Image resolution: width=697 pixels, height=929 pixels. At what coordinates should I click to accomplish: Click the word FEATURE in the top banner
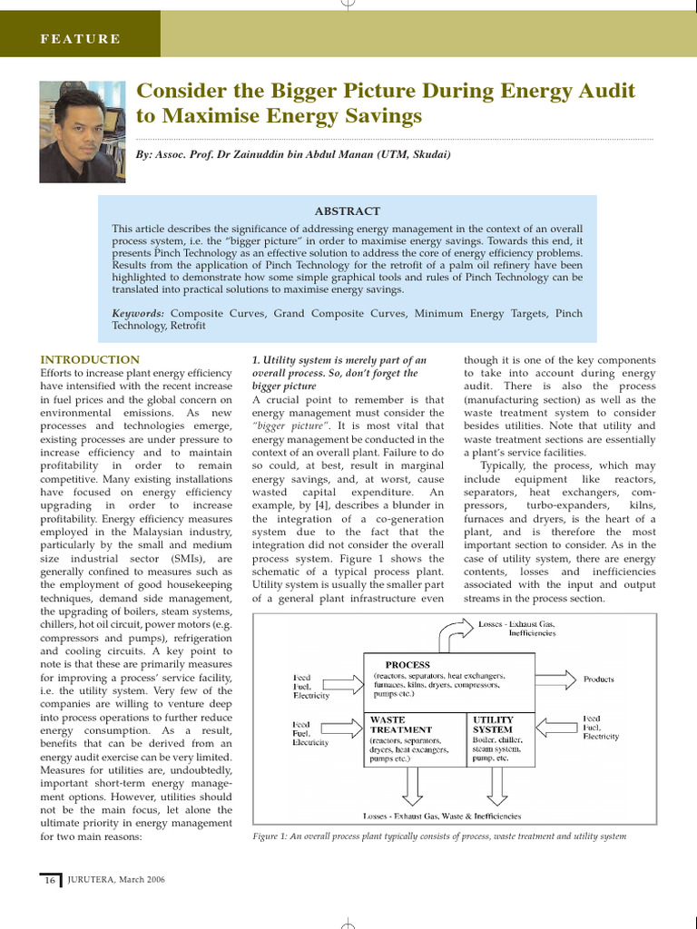coord(80,39)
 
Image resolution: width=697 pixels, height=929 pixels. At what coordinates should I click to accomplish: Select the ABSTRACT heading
coord(348,210)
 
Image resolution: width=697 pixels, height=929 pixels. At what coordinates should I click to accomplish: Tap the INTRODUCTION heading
coord(90,359)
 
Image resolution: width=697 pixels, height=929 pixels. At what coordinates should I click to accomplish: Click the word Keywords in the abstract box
coord(138,313)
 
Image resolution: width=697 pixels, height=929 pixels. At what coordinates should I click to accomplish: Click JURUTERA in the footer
coord(95,880)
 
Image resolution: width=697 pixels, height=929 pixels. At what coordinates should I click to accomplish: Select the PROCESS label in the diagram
coord(407,664)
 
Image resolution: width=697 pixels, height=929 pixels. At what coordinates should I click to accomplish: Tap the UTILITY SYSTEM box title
coord(493,724)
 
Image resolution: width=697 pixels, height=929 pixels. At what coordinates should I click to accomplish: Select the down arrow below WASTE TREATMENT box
coord(408,786)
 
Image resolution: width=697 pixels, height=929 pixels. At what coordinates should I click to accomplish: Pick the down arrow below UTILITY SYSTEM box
coord(496,786)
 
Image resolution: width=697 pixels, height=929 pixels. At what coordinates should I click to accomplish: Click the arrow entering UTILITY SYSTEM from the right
coord(555,727)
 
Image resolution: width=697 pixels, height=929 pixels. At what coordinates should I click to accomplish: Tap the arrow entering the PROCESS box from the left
coord(348,680)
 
